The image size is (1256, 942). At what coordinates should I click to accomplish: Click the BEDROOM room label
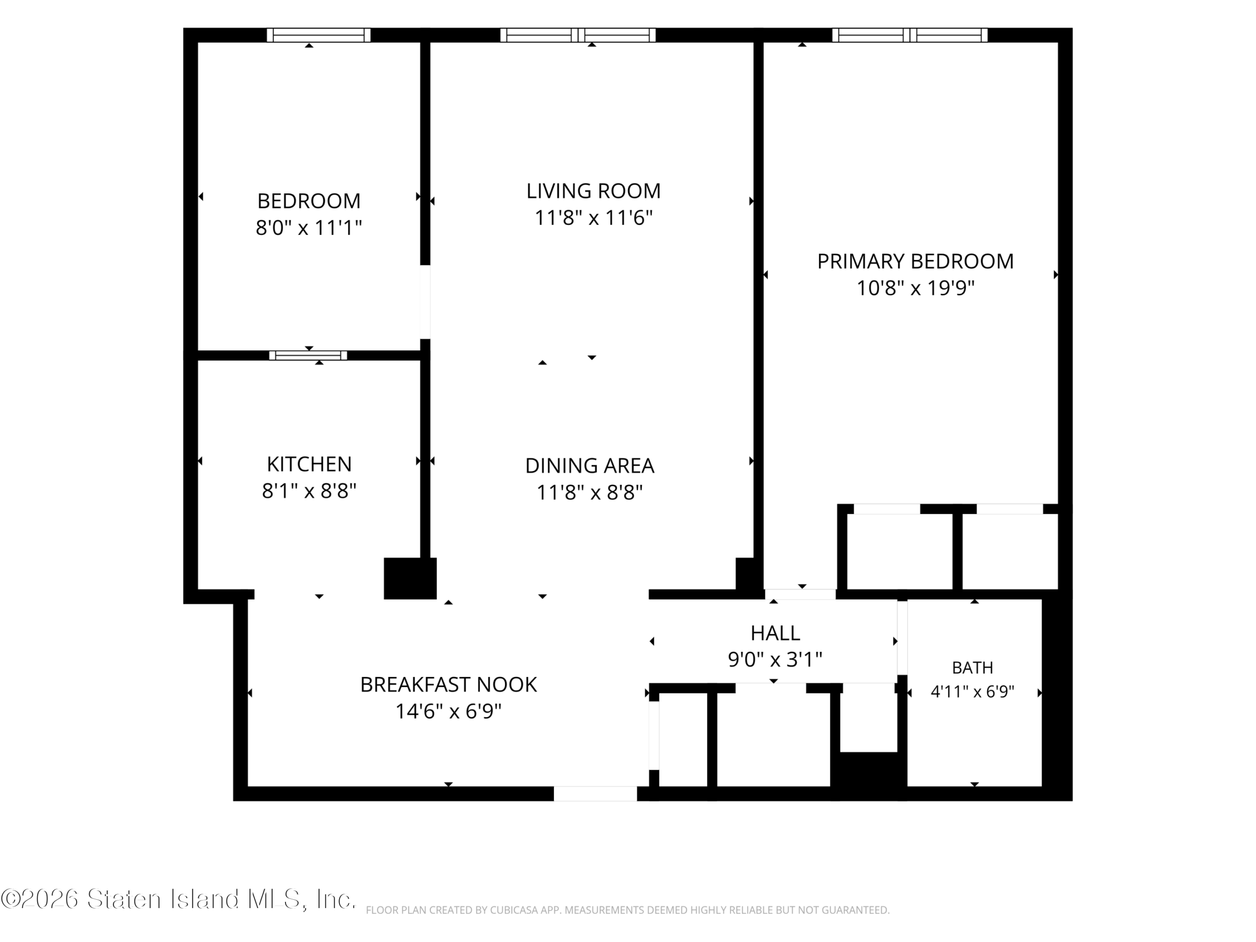[309, 201]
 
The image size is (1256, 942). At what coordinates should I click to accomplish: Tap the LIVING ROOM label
[593, 191]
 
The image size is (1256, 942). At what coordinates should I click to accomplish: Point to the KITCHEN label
[309, 465]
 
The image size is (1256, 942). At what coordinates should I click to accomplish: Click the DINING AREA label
[589, 466]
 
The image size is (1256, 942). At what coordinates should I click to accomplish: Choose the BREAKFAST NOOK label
[448, 685]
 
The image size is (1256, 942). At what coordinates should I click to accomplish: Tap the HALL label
[775, 632]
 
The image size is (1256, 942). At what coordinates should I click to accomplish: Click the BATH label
[972, 668]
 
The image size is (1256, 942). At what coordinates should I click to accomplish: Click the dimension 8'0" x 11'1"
[309, 228]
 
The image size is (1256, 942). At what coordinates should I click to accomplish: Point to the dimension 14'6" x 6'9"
[448, 711]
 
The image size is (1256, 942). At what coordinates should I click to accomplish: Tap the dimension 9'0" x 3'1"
[775, 660]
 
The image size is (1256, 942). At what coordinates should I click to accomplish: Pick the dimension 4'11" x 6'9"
[972, 692]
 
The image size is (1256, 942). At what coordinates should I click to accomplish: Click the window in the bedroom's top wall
[318, 35]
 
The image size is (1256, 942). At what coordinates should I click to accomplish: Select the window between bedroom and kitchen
[308, 355]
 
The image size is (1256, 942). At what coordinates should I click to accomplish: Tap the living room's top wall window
[578, 35]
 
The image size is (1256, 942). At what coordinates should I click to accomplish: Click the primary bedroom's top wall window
[910, 35]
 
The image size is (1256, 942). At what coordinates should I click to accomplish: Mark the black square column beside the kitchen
[410, 578]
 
